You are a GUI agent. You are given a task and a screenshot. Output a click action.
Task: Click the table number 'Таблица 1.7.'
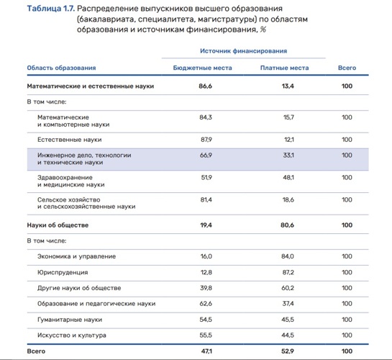pos(50,8)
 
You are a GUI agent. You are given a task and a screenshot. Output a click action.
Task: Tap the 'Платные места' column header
pos(284,68)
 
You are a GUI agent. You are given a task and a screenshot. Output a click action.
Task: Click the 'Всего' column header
pos(347,68)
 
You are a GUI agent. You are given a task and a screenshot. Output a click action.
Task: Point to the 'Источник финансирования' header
pos(243,51)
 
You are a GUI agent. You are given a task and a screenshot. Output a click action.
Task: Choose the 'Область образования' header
pos(61,68)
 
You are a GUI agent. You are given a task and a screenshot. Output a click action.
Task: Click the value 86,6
pos(205,86)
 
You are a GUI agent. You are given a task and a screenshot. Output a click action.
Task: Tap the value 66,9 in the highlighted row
pos(205,155)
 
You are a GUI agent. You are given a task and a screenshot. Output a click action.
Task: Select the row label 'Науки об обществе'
pos(58,225)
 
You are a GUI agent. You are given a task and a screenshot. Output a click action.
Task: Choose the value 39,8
pos(205,288)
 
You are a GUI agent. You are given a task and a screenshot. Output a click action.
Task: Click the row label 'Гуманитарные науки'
pos(70,319)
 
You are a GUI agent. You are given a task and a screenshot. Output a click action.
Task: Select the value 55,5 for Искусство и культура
pos(205,335)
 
